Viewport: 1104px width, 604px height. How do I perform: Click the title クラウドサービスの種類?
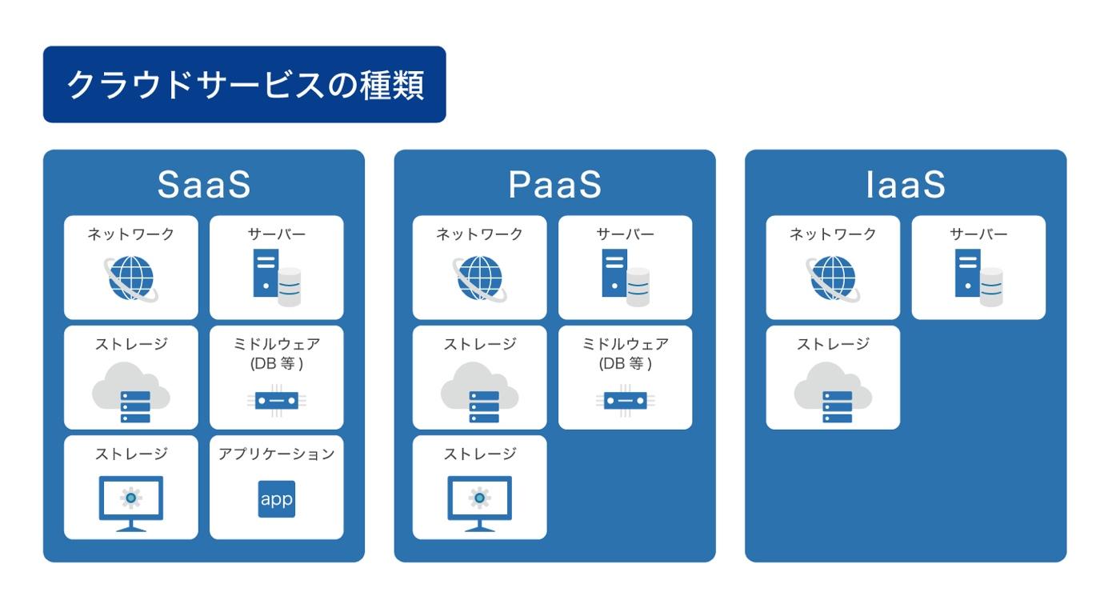point(244,85)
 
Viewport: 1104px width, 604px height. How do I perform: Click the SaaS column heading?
point(204,184)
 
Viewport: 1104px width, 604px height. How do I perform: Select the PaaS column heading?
point(554,184)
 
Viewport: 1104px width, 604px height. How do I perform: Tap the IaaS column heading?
point(906,184)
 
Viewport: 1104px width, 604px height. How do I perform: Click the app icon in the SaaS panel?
point(276,499)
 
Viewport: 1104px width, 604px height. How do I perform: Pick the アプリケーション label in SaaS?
point(276,454)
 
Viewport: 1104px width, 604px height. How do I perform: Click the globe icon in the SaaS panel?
point(131,278)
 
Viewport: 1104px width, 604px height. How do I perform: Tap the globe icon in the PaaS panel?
point(480,278)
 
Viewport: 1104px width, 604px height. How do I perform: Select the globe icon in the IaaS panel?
point(833,278)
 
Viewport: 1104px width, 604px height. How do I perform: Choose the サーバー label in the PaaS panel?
point(625,234)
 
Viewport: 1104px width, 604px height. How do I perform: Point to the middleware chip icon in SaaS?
point(276,401)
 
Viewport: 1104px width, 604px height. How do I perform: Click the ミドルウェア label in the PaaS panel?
point(625,345)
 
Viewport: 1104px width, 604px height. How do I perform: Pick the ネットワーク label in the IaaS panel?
point(833,234)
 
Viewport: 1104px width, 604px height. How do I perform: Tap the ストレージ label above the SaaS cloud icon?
point(131,345)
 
